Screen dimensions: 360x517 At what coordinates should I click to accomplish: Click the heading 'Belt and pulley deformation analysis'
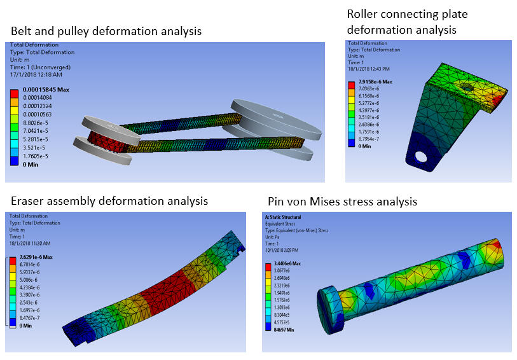[106, 31]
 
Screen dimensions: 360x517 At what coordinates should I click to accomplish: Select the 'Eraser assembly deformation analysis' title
[109, 201]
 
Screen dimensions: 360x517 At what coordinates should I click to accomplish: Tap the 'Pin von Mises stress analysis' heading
[340, 202]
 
